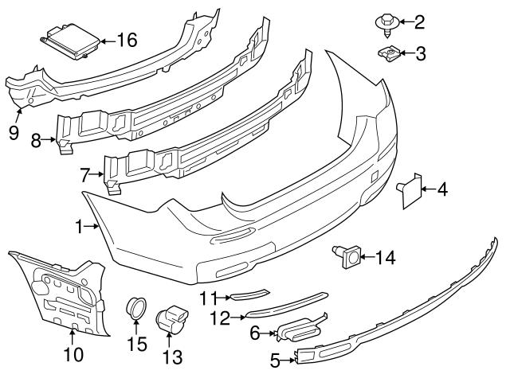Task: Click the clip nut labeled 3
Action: (388, 53)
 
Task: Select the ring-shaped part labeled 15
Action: (136, 308)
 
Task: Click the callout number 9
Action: (14, 132)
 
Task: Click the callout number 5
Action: (275, 361)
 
